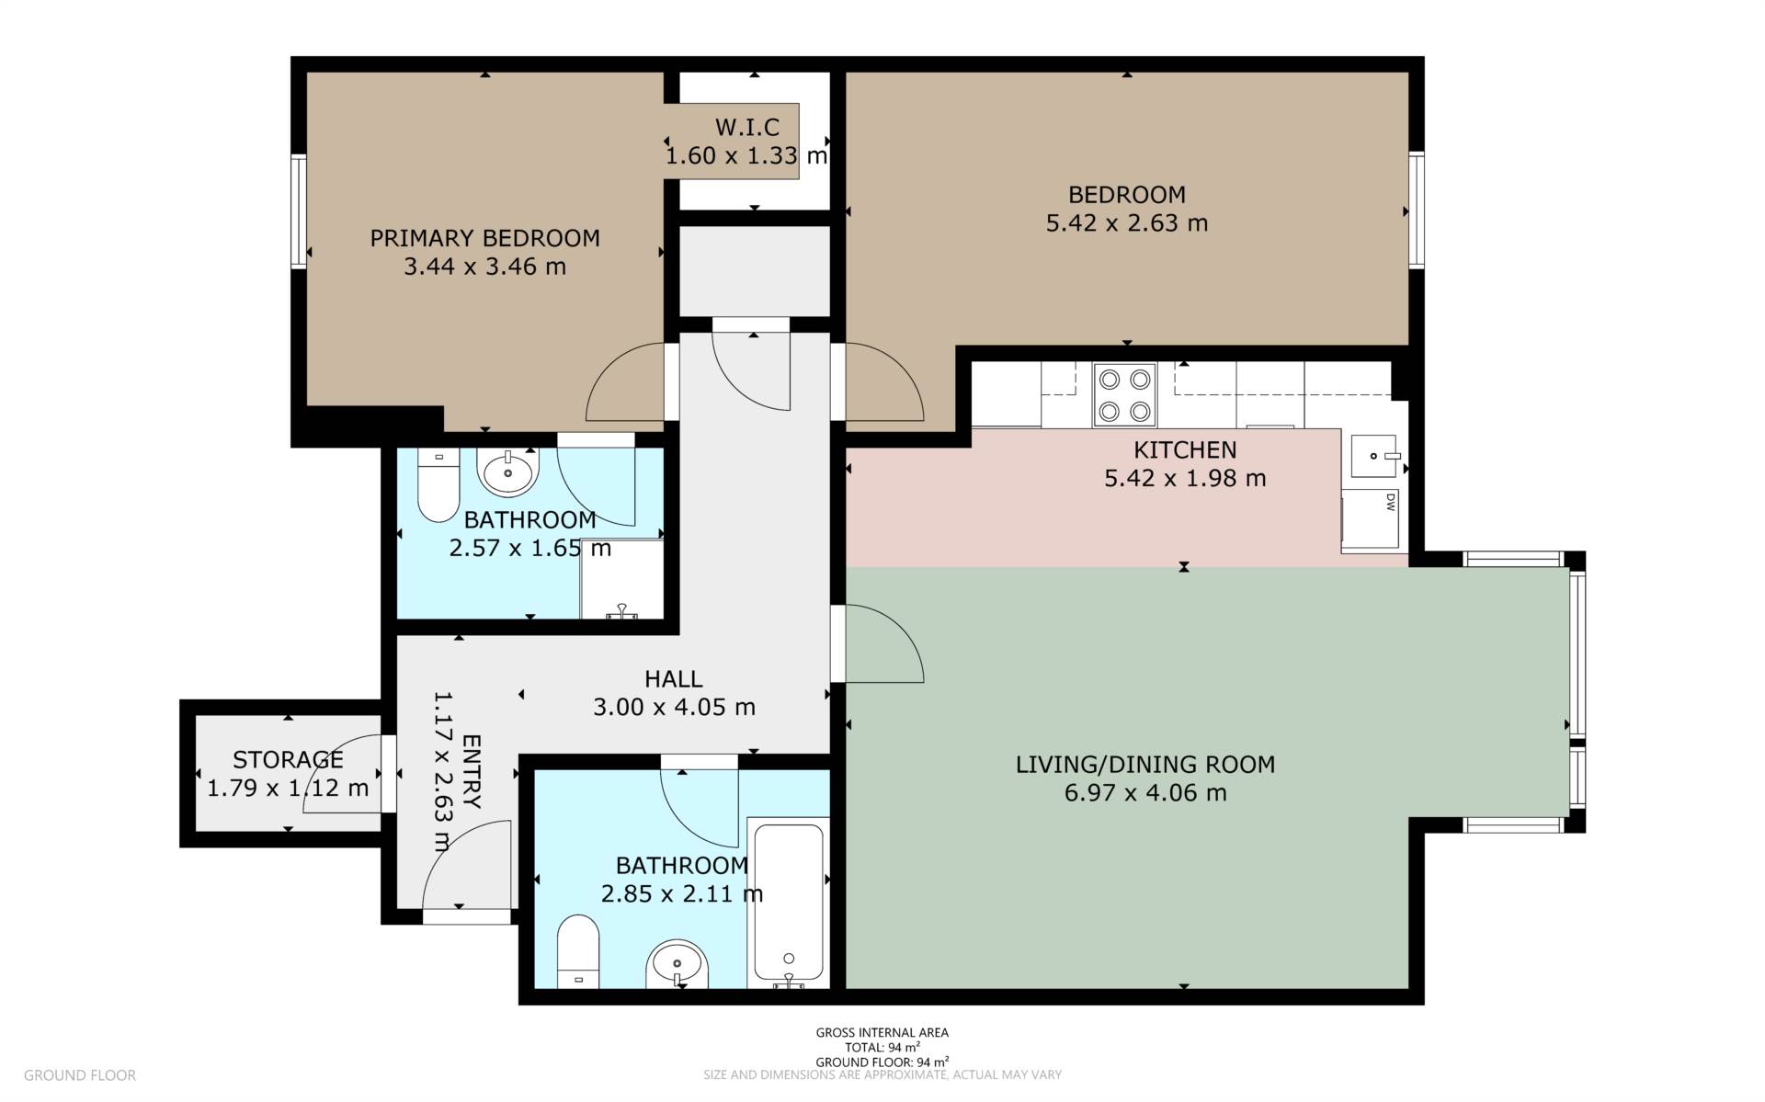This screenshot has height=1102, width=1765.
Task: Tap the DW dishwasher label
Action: pyautogui.click(x=1390, y=502)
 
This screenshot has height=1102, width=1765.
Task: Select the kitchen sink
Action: pyautogui.click(x=1374, y=456)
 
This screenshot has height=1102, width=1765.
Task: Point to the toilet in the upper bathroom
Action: pyautogui.click(x=438, y=485)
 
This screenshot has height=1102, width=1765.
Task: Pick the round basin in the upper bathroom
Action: pyautogui.click(x=507, y=472)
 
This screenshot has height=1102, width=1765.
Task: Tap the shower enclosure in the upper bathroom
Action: pyautogui.click(x=621, y=578)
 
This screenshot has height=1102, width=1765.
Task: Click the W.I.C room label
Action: pyautogui.click(x=746, y=128)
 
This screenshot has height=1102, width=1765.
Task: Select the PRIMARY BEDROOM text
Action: pyautogui.click(x=484, y=238)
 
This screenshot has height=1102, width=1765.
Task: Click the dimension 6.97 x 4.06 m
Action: pyautogui.click(x=1144, y=793)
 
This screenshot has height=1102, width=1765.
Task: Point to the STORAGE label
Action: pyautogui.click(x=288, y=760)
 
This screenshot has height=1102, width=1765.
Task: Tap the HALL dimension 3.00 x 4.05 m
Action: pyautogui.click(x=674, y=708)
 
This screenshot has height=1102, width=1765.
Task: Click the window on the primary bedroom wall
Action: pyautogui.click(x=298, y=211)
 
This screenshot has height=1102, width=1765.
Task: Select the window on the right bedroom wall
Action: pyautogui.click(x=1417, y=210)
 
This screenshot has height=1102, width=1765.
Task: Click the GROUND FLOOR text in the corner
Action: pyautogui.click(x=80, y=1075)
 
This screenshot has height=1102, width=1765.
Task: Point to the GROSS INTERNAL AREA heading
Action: pyautogui.click(x=882, y=1032)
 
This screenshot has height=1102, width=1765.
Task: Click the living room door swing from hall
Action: pyautogui.click(x=882, y=643)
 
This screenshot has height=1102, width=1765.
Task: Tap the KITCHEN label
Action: pyautogui.click(x=1184, y=450)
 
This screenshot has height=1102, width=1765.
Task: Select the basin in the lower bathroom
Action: pyautogui.click(x=678, y=965)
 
